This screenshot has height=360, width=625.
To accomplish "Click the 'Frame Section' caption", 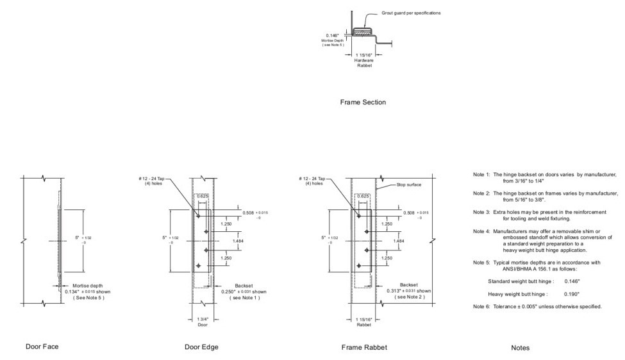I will click(363, 102).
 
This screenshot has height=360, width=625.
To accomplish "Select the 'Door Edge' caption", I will click(201, 347).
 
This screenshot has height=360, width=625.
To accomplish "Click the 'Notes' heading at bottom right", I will click(520, 347).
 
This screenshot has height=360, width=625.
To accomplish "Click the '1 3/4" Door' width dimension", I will click(203, 322).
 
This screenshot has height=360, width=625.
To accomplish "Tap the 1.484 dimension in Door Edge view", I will click(238, 241).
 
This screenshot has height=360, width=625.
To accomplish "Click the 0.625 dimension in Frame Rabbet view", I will click(362, 196).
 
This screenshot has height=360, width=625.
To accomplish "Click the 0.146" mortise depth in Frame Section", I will click(333, 36).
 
